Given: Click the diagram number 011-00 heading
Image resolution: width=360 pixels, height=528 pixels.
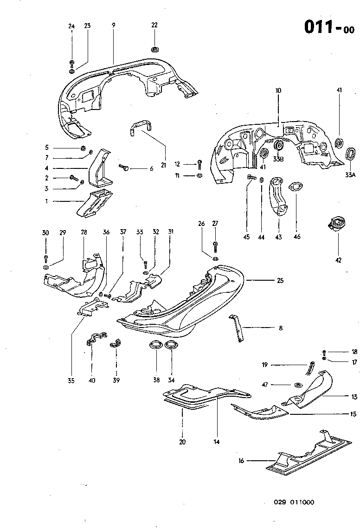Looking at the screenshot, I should [x=329, y=27].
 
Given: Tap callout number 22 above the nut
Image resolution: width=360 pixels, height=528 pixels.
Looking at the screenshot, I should [x=154, y=25].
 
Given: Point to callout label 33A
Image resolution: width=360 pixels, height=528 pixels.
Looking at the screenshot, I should [x=349, y=175].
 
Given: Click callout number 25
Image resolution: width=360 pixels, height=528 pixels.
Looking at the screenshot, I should [x=280, y=281].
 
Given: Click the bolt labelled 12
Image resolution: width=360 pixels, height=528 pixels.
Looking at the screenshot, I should [x=199, y=163].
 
